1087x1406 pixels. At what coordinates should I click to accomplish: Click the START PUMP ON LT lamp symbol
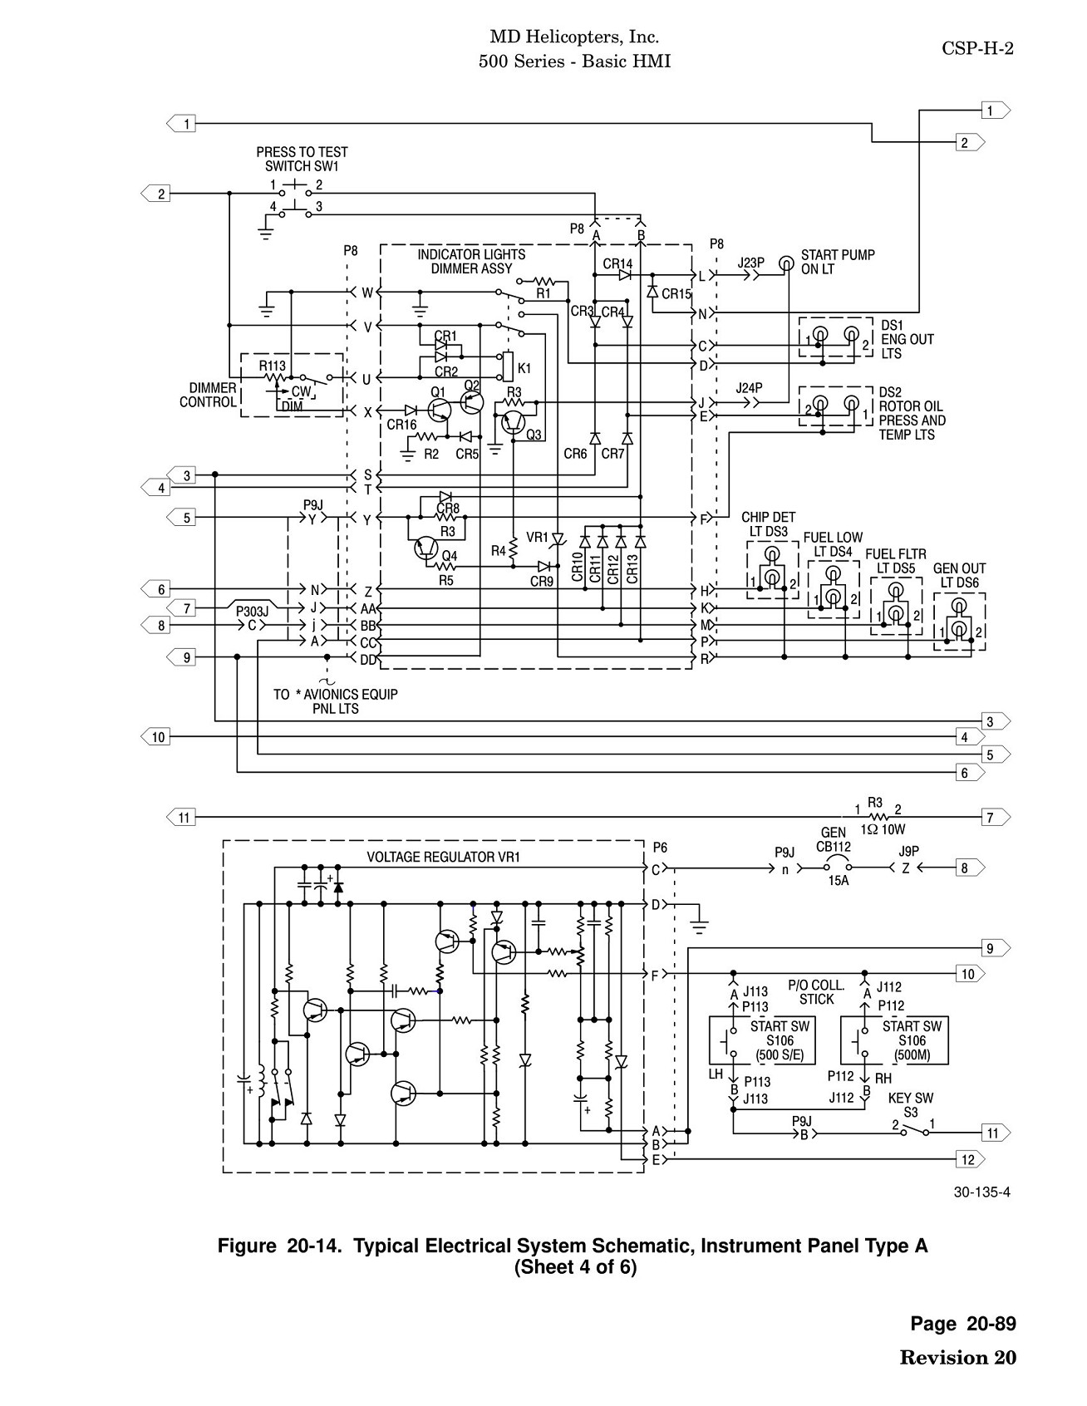[785, 264]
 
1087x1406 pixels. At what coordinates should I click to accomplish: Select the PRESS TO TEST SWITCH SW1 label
[302, 159]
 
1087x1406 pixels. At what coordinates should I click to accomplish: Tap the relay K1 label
[524, 368]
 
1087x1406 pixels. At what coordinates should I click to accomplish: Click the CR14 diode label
[617, 264]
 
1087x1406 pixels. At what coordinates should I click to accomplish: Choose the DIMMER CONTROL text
[208, 395]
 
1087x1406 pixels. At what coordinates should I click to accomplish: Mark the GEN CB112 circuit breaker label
[834, 839]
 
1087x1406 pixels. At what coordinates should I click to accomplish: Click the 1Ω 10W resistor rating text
[883, 829]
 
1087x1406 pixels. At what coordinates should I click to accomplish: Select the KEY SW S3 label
[911, 1104]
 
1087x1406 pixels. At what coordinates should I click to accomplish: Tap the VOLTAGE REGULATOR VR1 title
[444, 857]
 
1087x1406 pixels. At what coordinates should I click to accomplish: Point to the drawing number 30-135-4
[982, 1192]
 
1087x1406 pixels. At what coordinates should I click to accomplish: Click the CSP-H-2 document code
[977, 48]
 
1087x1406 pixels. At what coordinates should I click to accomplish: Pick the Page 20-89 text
[963, 1324]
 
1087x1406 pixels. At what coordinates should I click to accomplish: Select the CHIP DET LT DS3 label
[768, 524]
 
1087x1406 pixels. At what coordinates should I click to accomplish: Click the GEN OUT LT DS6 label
[959, 576]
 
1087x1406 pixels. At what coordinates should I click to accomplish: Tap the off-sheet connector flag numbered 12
[970, 1159]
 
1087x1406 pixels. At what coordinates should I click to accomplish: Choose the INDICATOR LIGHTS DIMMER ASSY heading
[471, 262]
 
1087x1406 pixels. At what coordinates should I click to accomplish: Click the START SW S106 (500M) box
[894, 1040]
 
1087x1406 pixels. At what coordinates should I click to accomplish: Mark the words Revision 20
[958, 1358]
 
